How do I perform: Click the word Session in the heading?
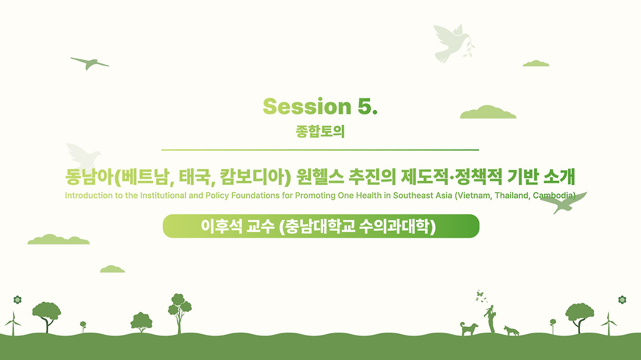[x=307, y=107]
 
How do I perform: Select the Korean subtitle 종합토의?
[x=320, y=132]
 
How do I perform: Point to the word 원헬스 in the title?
[x=320, y=177]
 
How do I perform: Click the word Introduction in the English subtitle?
[x=88, y=196]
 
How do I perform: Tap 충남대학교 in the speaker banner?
[x=320, y=226]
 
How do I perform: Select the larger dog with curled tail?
[x=469, y=329]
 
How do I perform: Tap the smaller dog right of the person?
[x=511, y=330]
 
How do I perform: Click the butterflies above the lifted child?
[x=481, y=297]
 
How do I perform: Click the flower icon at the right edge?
[x=622, y=300]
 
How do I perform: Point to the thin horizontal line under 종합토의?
[x=320, y=150]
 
